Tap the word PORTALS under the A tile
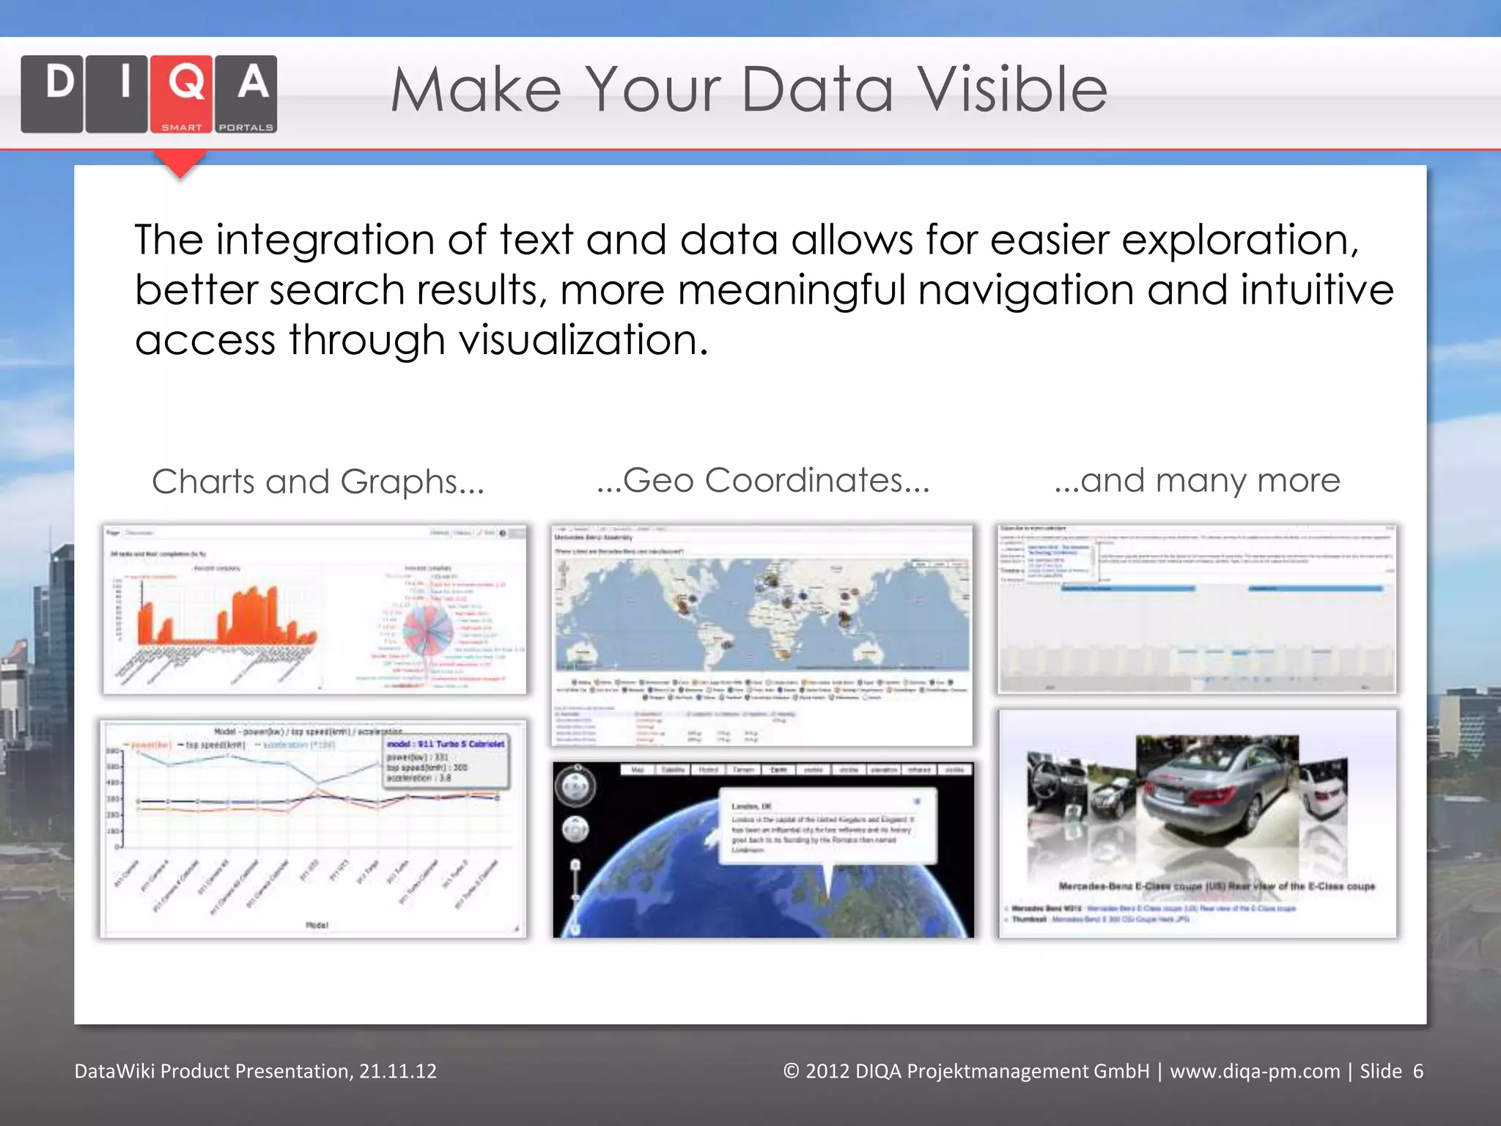pyautogui.click(x=246, y=128)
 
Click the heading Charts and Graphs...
pyautogui.click(x=317, y=482)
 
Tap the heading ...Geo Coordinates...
pyautogui.click(x=762, y=481)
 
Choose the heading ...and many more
pyautogui.click(x=1197, y=481)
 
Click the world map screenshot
pyautogui.click(x=762, y=616)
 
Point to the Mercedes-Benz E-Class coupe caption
pyautogui.click(x=1217, y=886)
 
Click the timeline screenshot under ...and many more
pyautogui.click(x=1197, y=608)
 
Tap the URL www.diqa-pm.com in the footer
pyautogui.click(x=1255, y=1072)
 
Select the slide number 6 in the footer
pyautogui.click(x=1418, y=1072)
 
